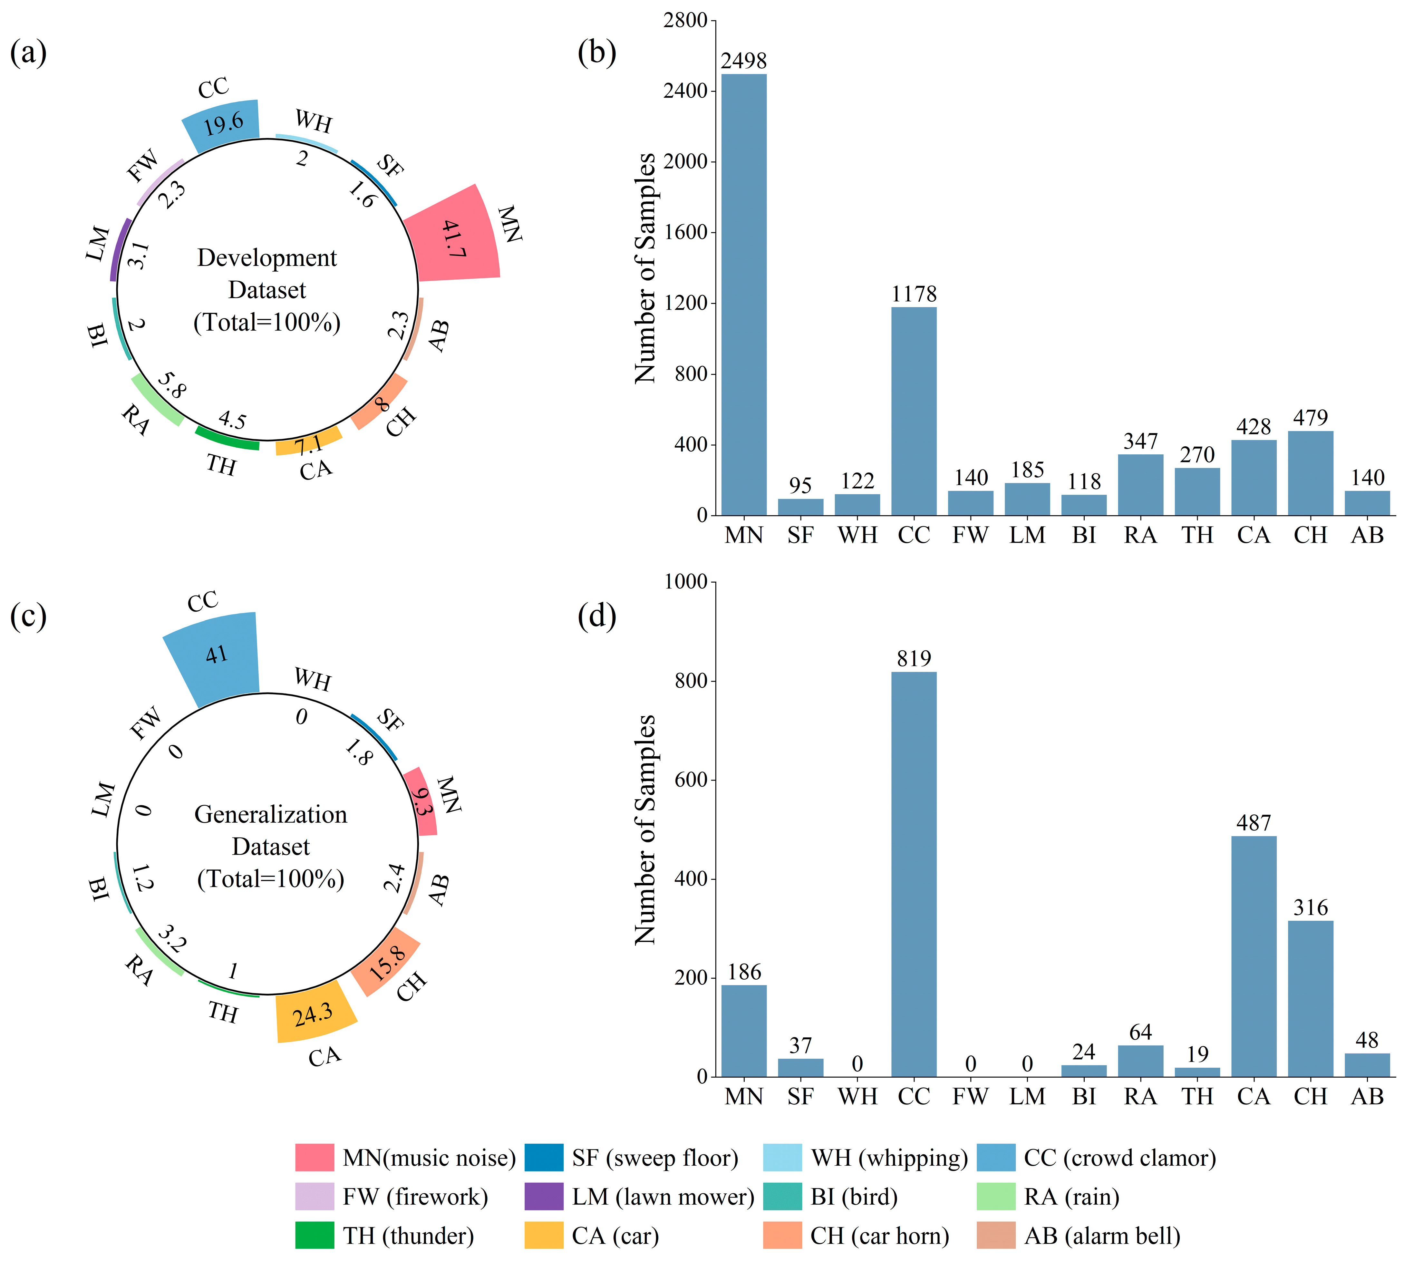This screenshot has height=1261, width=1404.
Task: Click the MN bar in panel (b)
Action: (744, 295)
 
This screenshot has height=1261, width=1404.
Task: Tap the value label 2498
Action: (744, 61)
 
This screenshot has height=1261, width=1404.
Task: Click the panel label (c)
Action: (28, 615)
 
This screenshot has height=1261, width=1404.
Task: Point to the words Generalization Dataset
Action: (271, 830)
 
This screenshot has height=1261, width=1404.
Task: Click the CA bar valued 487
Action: (1254, 956)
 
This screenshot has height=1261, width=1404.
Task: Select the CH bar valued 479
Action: (1311, 473)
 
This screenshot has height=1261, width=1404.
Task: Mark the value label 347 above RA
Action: (1140, 441)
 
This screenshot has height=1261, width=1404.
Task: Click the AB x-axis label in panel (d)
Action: (1367, 1097)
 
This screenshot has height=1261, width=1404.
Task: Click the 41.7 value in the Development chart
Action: (454, 239)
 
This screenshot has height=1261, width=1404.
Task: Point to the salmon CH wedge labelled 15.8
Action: (386, 962)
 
